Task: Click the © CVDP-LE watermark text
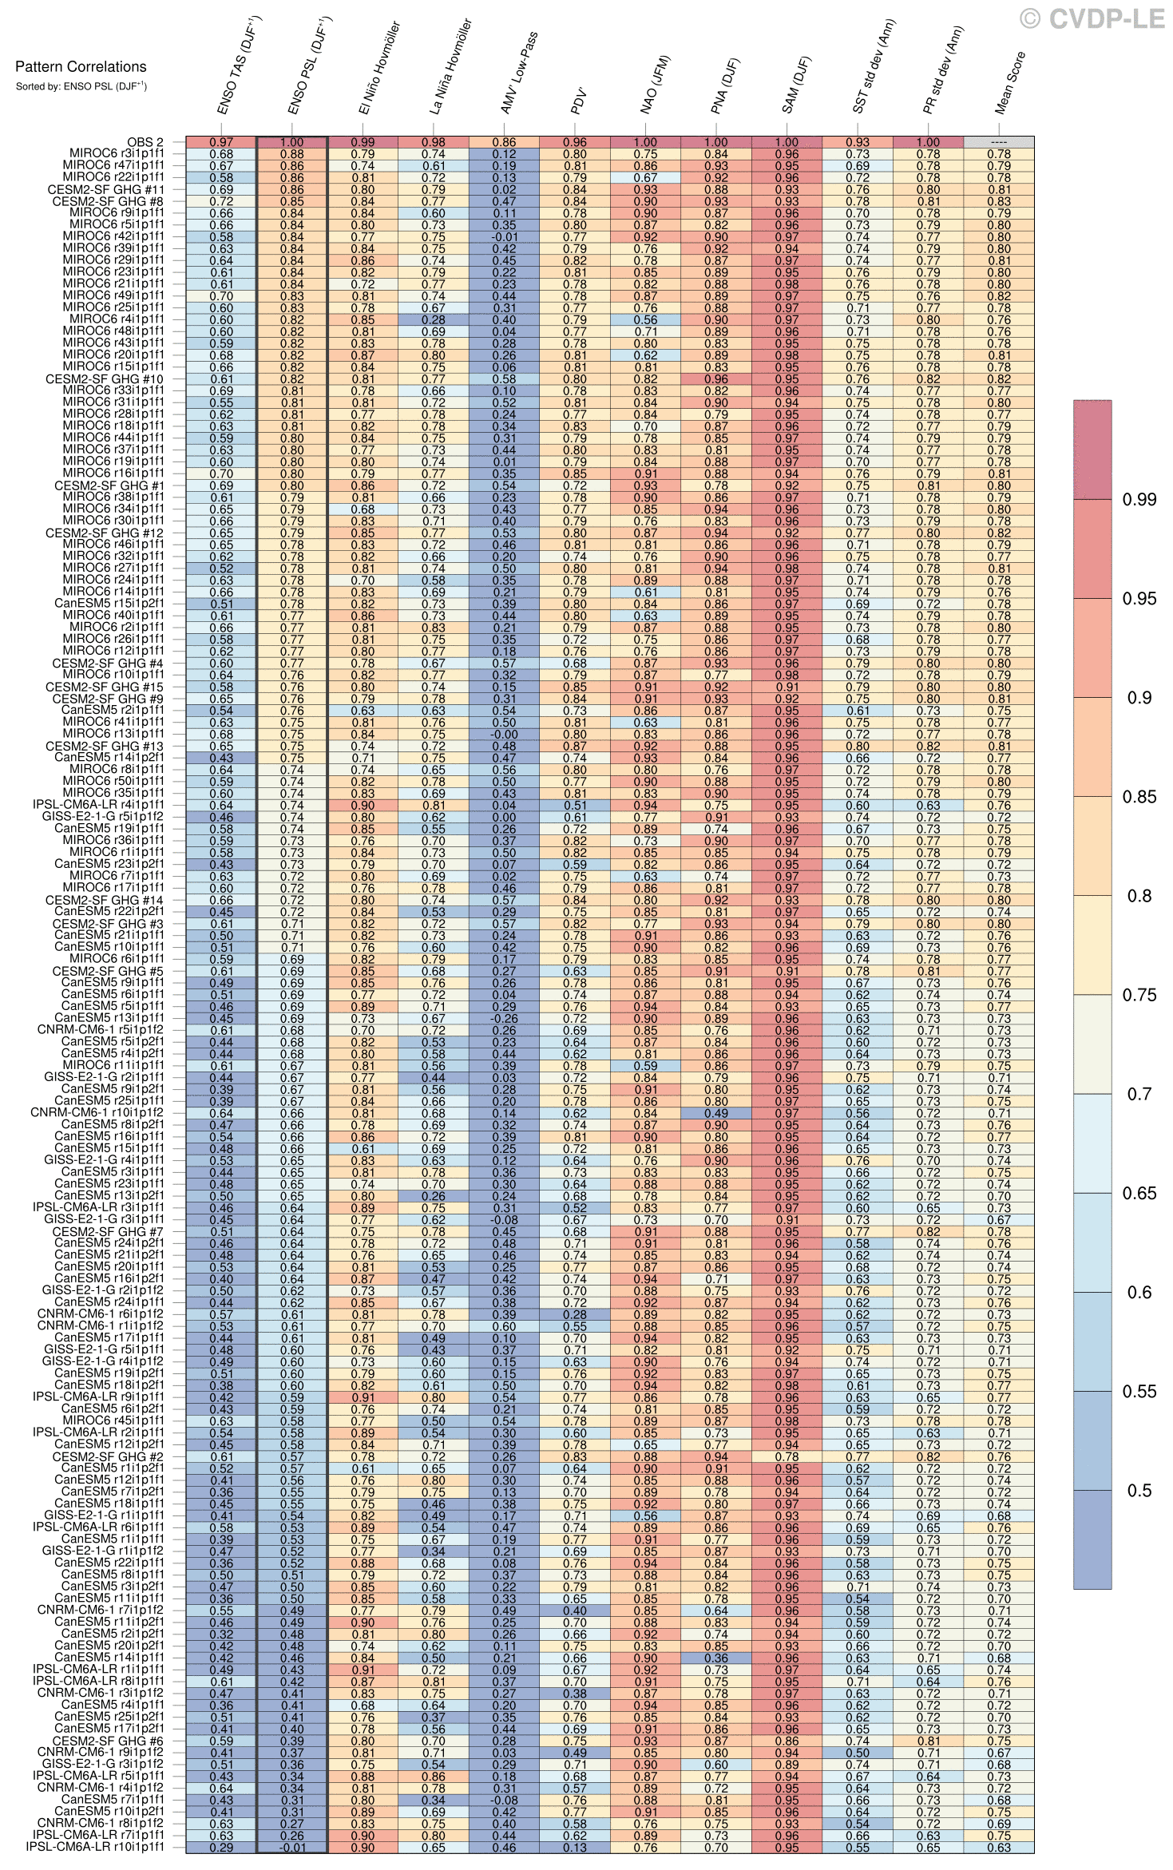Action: tap(1092, 19)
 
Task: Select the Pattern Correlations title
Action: tap(81, 67)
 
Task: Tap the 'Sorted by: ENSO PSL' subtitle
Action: tap(81, 86)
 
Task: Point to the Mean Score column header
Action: tap(1010, 83)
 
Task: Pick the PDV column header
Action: tap(581, 101)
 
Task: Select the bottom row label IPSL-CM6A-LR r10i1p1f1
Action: tap(95, 1847)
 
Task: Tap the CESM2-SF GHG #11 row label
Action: tap(106, 190)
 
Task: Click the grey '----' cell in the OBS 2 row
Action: tap(998, 142)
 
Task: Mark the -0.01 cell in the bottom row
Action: tap(292, 1847)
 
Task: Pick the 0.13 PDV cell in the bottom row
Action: tap(575, 1847)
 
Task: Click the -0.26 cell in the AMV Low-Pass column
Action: tap(504, 1018)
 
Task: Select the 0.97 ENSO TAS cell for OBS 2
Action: tap(221, 142)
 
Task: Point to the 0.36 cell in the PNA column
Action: tap(716, 1658)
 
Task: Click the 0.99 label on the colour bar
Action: tap(1139, 500)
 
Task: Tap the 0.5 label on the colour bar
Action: tap(1139, 1491)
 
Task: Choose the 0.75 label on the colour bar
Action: tap(1139, 995)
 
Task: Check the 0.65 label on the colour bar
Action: tap(1139, 1193)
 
